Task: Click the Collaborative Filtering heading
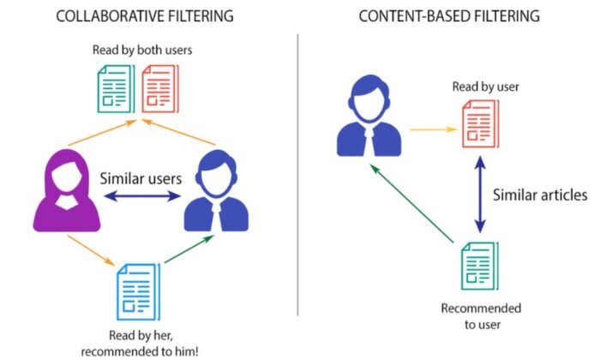pyautogui.click(x=145, y=16)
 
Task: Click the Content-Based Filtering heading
pyautogui.click(x=449, y=16)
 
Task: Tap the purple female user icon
pyautogui.click(x=67, y=190)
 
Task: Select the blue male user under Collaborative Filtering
pyautogui.click(x=216, y=190)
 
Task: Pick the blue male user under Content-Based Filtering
pyautogui.click(x=369, y=116)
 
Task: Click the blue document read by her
pyautogui.click(x=138, y=292)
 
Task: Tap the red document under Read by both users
pyautogui.click(x=160, y=89)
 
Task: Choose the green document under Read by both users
pyautogui.click(x=116, y=89)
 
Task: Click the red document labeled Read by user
pyautogui.click(x=481, y=123)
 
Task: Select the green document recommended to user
pyautogui.click(x=480, y=266)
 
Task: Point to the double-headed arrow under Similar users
pyautogui.click(x=142, y=196)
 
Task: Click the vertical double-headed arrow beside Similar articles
pyautogui.click(x=480, y=195)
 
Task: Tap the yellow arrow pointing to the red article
pyautogui.click(x=434, y=129)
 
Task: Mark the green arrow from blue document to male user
pyautogui.click(x=189, y=249)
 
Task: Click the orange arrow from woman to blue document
pyautogui.click(x=91, y=250)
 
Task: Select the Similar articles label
pyautogui.click(x=540, y=195)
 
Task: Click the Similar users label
pyautogui.click(x=141, y=178)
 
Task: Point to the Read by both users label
pyautogui.click(x=142, y=50)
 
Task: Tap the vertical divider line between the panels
pyautogui.click(x=297, y=175)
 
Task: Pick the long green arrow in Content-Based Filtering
pyautogui.click(x=412, y=203)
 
